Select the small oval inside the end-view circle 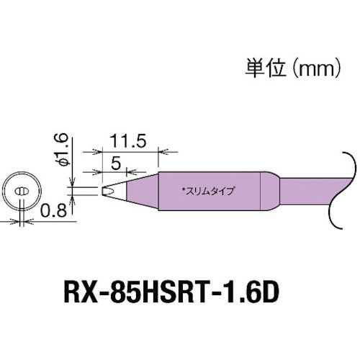coord(22,192)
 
